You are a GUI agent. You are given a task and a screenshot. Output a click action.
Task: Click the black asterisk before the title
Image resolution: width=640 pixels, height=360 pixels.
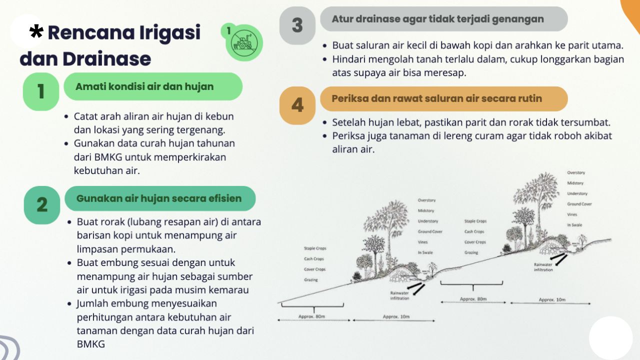[36, 31]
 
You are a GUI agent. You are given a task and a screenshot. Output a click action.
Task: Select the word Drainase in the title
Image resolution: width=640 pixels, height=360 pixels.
[107, 59]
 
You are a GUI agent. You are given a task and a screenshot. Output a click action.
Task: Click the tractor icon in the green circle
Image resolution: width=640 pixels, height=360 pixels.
[244, 43]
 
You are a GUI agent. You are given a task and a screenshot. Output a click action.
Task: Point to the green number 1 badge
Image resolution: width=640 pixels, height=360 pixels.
[41, 91]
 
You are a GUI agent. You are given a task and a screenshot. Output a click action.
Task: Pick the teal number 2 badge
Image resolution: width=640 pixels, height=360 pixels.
[42, 205]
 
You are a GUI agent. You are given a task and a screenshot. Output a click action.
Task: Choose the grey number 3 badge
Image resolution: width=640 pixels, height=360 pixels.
[297, 25]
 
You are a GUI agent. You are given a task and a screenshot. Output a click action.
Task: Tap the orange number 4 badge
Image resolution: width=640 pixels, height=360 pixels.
[297, 105]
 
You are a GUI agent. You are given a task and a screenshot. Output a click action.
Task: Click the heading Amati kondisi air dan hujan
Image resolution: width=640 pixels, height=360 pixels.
[144, 86]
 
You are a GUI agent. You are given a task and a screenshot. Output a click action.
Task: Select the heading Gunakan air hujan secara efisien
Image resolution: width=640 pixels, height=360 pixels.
[159, 198]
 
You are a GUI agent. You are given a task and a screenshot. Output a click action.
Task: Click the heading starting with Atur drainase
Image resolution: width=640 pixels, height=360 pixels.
[437, 19]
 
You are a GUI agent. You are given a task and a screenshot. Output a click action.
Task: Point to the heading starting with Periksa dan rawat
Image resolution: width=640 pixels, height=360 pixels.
[436, 98]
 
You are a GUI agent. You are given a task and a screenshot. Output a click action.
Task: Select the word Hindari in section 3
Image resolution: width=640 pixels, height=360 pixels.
[348, 59]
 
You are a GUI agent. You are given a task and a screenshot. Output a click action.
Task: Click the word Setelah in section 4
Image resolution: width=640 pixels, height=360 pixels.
[348, 122]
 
